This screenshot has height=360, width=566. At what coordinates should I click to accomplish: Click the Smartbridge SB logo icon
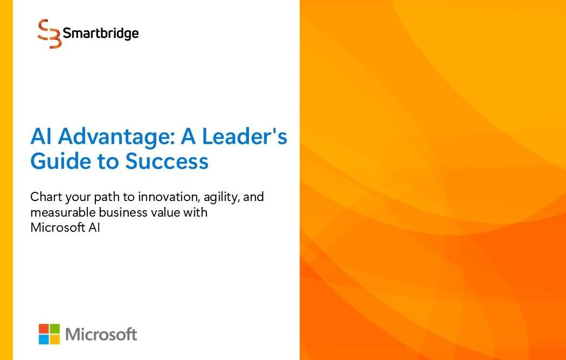50,33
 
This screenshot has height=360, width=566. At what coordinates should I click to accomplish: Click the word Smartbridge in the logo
101,33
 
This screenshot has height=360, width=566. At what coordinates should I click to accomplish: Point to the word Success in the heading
167,162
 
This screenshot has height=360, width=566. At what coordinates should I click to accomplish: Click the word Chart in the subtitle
43,197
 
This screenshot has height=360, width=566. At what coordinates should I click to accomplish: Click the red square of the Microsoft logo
44,329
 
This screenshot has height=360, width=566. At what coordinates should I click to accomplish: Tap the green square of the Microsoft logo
55,329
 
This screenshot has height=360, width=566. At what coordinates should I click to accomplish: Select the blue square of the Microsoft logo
44,340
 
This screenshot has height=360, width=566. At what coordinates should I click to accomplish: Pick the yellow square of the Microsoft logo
55,340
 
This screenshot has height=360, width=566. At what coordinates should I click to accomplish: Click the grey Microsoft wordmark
101,334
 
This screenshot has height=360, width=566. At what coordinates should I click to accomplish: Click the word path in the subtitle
103,198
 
